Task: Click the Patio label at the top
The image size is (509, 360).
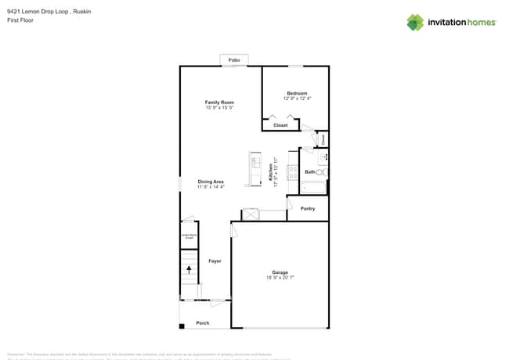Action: tap(233, 60)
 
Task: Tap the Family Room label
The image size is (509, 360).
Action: tap(219, 103)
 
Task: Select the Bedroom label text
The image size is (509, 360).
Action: tap(297, 93)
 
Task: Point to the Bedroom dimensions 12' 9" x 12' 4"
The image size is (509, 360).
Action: tap(297, 99)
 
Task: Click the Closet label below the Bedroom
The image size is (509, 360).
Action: tap(280, 125)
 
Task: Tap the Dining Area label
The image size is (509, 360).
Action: tap(211, 182)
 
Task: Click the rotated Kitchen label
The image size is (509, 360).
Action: tap(271, 173)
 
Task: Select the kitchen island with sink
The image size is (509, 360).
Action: tap(255, 169)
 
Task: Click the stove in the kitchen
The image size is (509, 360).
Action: tap(293, 173)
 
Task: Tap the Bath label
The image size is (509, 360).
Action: tap(309, 171)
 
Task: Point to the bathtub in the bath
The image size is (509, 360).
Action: tap(313, 188)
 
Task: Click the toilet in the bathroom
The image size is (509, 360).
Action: tap(323, 172)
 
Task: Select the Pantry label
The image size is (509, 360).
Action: tap(308, 208)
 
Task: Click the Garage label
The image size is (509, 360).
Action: tap(280, 272)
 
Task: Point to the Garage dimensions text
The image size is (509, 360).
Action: tap(280, 278)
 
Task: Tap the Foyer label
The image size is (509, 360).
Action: tap(215, 261)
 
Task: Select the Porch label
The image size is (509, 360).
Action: tap(202, 322)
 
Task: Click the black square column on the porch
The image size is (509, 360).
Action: tap(181, 326)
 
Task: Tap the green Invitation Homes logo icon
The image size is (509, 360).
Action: tap(415, 22)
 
